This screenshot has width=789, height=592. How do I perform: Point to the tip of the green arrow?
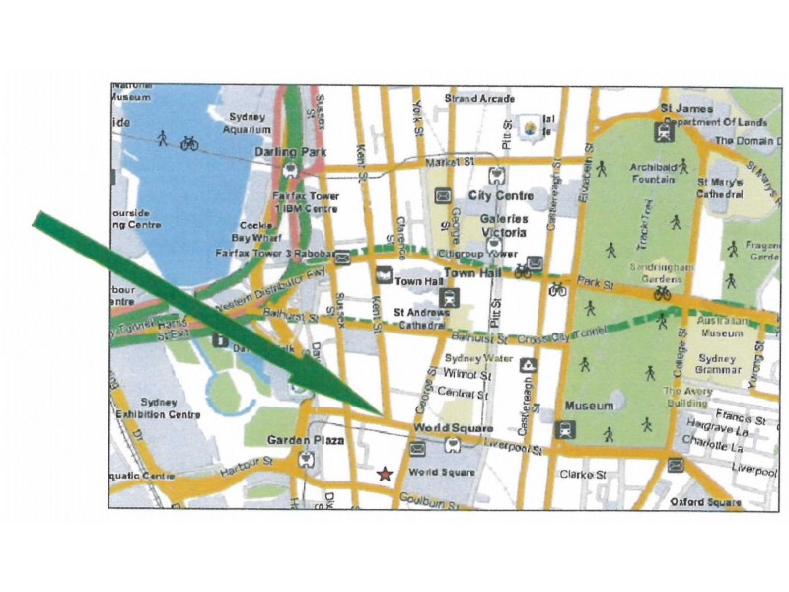(x=385, y=413)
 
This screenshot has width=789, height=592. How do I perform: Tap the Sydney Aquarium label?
(x=246, y=123)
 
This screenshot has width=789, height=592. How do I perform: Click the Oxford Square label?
(x=705, y=502)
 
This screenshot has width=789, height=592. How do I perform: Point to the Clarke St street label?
(x=582, y=474)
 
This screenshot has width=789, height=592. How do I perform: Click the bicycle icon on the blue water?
(x=189, y=143)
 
